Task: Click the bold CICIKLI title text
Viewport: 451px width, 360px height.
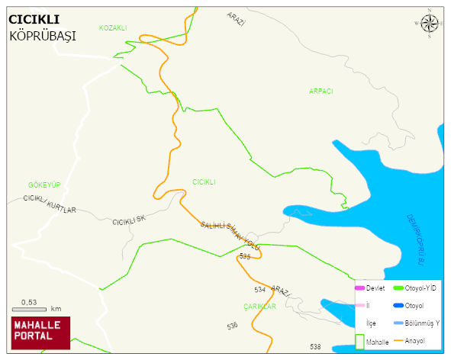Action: click(34, 18)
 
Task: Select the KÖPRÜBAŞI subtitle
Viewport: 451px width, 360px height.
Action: click(43, 36)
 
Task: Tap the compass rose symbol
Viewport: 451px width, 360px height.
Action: click(430, 24)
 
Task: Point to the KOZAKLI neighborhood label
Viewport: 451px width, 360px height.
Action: click(113, 27)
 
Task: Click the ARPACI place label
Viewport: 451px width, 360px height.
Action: click(321, 91)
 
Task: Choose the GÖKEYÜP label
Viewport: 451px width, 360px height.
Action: click(43, 185)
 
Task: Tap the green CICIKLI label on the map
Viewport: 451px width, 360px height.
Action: click(204, 182)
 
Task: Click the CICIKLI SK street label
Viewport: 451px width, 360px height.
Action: click(128, 220)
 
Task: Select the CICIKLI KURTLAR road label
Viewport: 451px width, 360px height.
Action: click(50, 204)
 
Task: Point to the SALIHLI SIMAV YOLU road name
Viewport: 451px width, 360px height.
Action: click(230, 236)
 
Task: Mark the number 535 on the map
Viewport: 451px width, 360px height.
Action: click(244, 257)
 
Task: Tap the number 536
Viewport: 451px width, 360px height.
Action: click(232, 326)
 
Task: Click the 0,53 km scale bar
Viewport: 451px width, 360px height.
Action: click(34, 307)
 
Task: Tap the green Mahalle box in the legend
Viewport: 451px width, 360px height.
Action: click(360, 342)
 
